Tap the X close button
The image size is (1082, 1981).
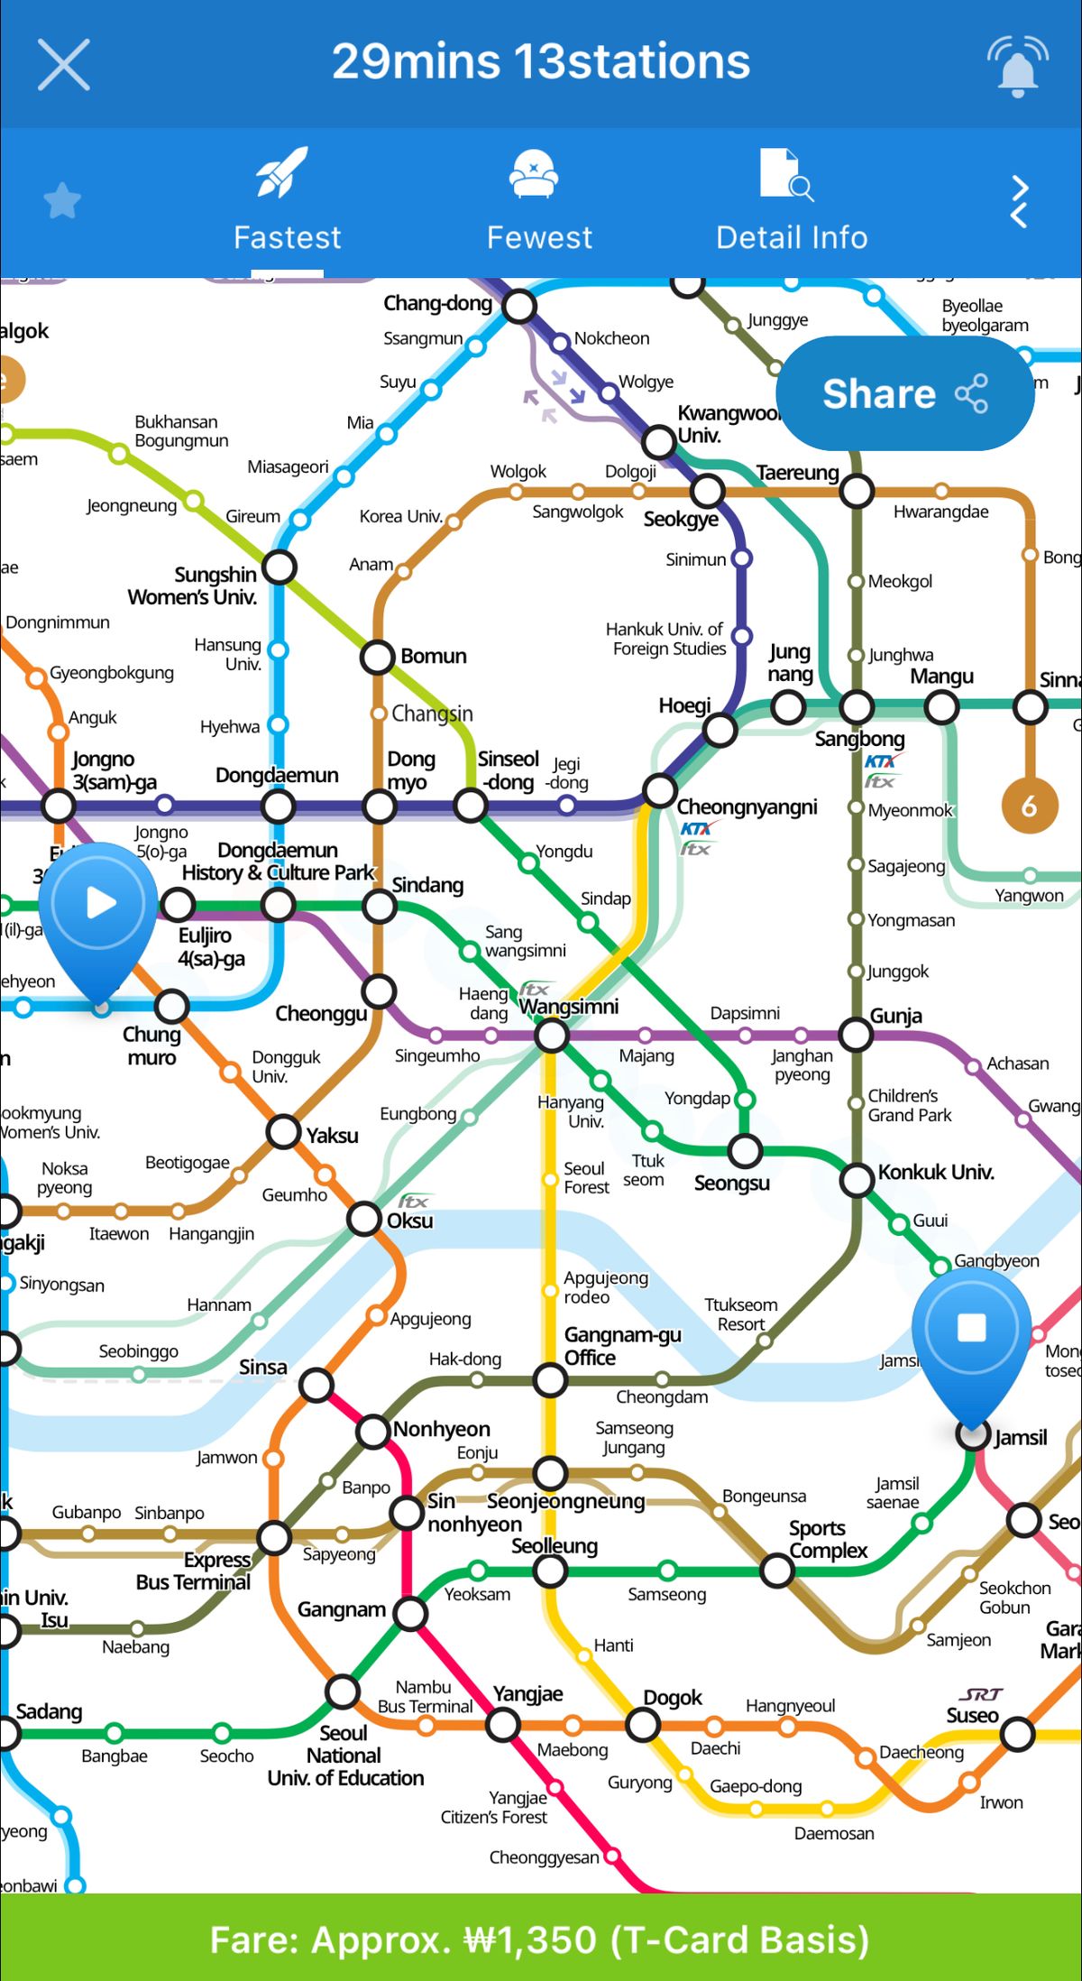64,64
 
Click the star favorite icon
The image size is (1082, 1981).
62,200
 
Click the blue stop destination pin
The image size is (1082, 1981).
971,1329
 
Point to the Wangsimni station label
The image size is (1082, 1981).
569,1007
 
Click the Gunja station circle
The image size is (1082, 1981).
856,1035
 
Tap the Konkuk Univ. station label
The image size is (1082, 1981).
936,1173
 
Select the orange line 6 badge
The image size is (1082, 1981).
1029,806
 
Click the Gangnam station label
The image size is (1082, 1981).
342,1609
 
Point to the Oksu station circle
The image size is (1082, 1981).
365,1219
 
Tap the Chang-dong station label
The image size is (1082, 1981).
437,303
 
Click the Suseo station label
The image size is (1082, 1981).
972,1715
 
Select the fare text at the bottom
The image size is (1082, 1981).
540,1940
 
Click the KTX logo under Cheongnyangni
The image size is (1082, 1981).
695,829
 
